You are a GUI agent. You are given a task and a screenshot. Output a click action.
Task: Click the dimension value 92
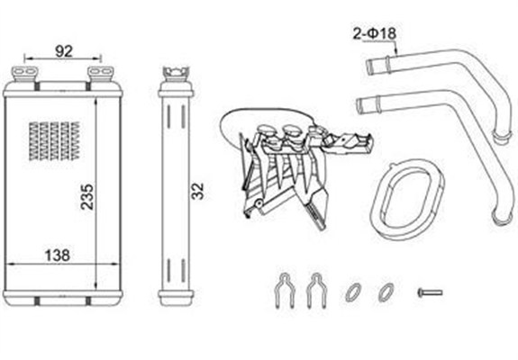63,51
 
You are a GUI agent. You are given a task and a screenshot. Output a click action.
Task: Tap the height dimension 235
87,197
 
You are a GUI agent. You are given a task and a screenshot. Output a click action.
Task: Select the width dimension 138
57,255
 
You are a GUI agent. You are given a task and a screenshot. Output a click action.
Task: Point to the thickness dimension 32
198,191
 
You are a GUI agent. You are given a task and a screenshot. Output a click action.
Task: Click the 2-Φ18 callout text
374,33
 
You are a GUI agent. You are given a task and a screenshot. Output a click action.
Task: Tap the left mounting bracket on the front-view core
25,74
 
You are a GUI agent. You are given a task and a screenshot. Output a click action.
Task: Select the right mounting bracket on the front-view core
100,74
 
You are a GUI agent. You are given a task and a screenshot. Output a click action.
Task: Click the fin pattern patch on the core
54,141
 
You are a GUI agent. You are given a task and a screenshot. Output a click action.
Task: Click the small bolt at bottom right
430,292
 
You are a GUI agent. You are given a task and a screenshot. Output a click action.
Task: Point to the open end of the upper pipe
369,67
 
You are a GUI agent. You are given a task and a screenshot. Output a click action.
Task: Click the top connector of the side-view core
176,74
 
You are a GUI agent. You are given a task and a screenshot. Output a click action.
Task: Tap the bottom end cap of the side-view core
176,297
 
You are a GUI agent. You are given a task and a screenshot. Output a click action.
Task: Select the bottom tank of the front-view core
63,297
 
